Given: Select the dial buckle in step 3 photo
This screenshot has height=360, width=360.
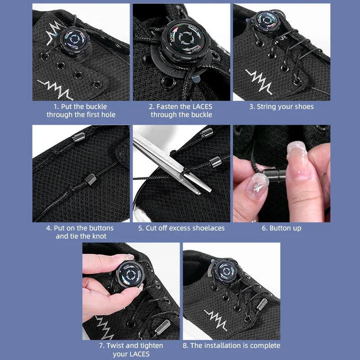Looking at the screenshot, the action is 267,22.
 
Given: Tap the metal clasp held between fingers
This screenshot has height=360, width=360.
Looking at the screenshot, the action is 274,175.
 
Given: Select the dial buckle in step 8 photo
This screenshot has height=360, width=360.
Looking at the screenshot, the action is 226,272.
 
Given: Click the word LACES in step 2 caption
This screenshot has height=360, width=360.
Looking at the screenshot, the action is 202,107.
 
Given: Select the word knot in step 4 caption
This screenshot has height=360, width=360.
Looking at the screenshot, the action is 99,236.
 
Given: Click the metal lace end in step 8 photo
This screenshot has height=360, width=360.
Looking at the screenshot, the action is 261,305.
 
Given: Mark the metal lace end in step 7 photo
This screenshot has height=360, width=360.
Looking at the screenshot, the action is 162,327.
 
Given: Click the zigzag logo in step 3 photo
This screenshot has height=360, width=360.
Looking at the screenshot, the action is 259,82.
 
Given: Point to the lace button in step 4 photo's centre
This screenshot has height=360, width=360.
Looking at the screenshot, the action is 90,179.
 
